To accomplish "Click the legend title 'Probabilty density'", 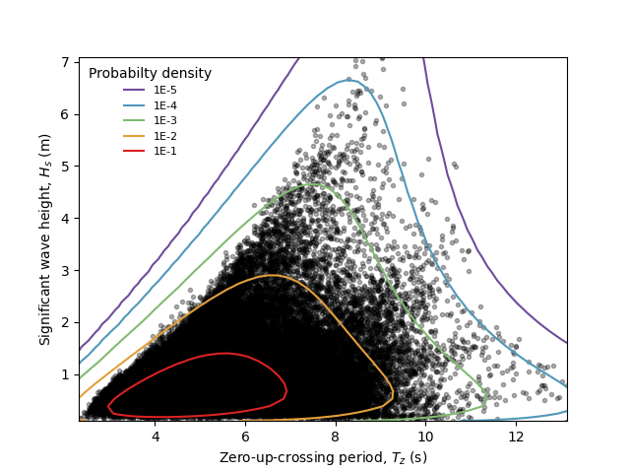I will [x=150, y=74].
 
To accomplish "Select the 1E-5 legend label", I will [x=164, y=90].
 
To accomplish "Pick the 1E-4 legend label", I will [x=164, y=105].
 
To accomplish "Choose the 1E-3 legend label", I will [x=164, y=120].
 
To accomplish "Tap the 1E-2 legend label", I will [x=164, y=136].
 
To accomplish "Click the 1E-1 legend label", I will [x=164, y=151].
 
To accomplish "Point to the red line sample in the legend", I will [x=134, y=151].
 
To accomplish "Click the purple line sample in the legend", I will [x=134, y=90].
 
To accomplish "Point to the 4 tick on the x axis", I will [x=156, y=436].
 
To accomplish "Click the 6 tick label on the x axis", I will [x=245, y=436].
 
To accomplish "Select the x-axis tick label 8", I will [x=336, y=436].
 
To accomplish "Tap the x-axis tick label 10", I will [x=425, y=436].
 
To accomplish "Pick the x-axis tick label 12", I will [x=516, y=436].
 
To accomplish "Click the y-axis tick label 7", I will [x=65, y=62].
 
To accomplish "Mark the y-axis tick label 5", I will [x=65, y=167].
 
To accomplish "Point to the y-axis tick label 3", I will [x=65, y=270].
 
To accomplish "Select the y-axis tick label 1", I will [x=65, y=374].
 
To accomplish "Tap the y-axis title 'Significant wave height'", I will [x=45, y=239].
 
